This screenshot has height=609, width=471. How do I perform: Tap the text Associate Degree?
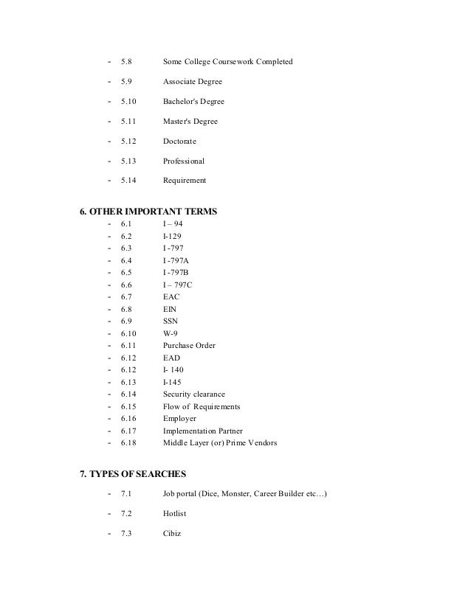point(193,81)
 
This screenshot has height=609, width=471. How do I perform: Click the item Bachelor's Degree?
point(193,101)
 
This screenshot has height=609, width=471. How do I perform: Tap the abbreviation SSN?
point(171,321)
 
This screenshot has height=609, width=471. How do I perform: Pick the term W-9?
point(171,333)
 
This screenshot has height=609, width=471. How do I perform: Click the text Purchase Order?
point(189,345)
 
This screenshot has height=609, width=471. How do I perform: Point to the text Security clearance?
point(194,394)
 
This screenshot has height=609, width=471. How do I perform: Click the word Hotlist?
point(176,514)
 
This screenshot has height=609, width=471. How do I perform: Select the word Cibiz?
point(172,534)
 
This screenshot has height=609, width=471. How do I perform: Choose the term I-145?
point(172,382)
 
